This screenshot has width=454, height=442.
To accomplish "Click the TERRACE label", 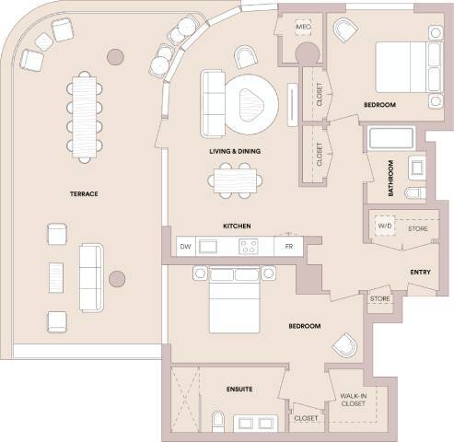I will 83,193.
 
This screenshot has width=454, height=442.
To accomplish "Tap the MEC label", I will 303,29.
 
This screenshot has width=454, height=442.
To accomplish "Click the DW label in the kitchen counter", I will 184,246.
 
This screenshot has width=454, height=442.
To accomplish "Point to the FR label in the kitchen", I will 288,246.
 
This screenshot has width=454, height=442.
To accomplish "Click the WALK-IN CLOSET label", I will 354,398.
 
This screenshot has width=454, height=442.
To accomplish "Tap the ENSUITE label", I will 239,390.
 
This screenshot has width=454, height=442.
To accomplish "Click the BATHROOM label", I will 391,179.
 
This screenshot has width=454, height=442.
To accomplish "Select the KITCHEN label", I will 238,226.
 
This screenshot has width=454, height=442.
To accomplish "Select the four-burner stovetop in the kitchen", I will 250,246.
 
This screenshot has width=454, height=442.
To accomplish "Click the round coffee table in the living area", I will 251,100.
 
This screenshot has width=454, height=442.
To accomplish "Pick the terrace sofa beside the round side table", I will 91,276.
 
